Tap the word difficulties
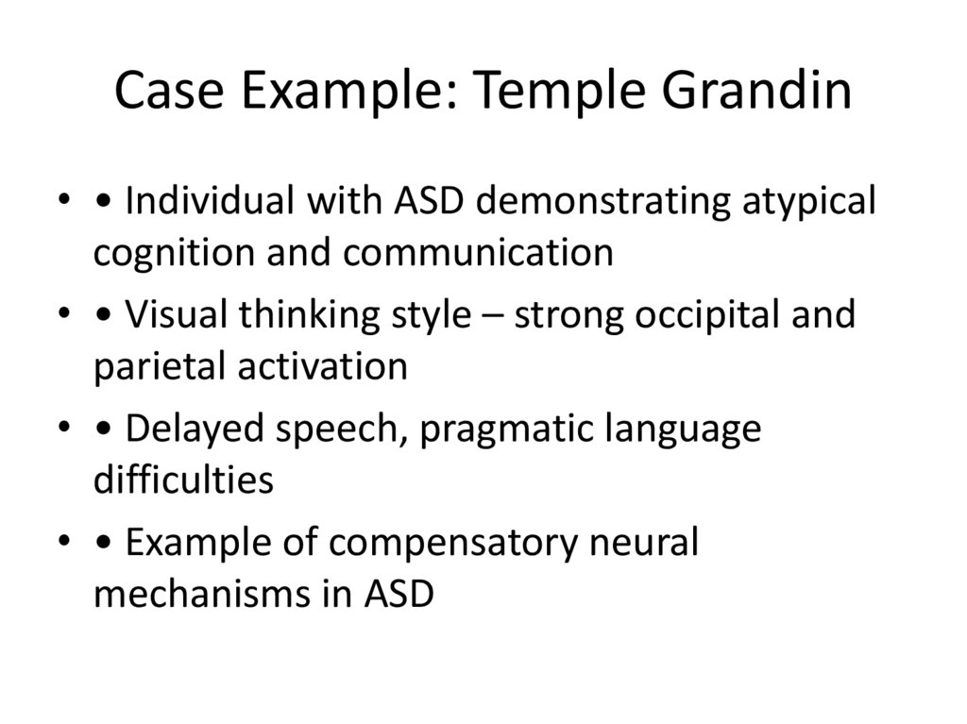pos(183,480)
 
